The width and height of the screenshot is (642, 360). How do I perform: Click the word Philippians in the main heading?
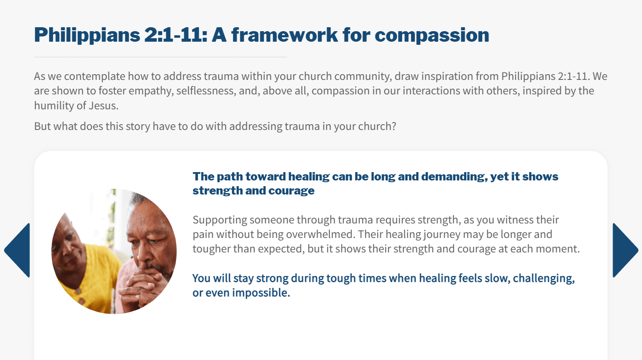(87, 36)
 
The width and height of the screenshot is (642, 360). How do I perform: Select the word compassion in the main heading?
(432, 36)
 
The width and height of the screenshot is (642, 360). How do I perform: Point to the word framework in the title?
(285, 35)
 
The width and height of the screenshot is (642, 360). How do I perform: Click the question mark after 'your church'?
(393, 126)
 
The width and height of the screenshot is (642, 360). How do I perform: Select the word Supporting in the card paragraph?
(220, 220)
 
